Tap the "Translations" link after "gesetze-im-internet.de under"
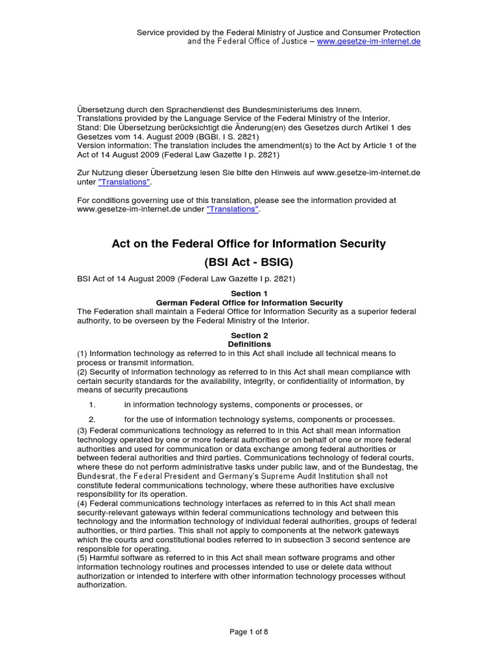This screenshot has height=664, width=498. pos(233,210)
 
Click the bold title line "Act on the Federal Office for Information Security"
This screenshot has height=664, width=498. pos(249,244)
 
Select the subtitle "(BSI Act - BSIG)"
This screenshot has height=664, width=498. pos(249,262)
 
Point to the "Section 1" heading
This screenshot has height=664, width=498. pos(249,294)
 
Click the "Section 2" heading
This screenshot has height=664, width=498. pos(249,335)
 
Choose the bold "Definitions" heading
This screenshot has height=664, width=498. pos(249,344)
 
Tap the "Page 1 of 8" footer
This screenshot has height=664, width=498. pos(249,633)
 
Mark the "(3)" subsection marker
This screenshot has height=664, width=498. pos(82,431)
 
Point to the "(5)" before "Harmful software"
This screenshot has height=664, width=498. pos(82,558)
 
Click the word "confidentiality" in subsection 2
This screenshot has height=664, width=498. pos(306,381)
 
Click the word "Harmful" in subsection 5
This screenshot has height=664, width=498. pos(106,558)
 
